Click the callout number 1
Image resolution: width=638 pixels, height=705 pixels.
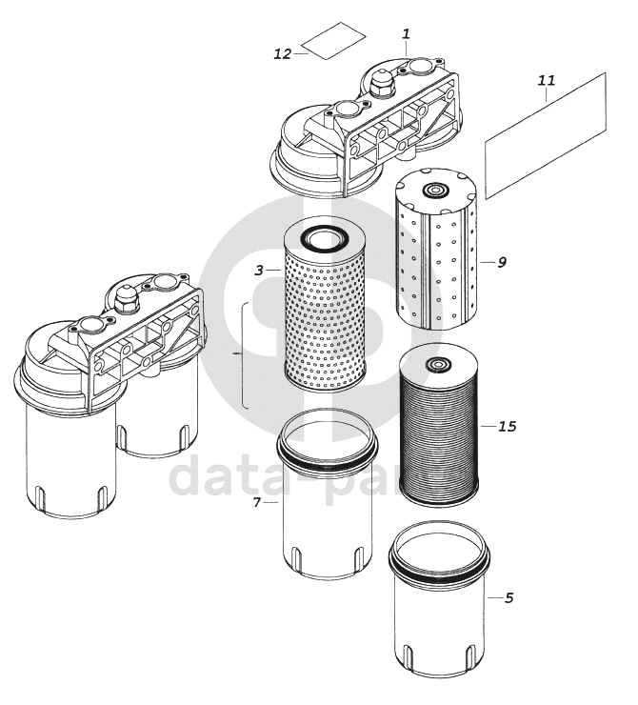point(406,33)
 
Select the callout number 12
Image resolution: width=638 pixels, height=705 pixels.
point(282,54)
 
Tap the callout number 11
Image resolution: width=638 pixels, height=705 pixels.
point(546,81)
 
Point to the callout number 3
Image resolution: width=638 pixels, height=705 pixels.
point(259,271)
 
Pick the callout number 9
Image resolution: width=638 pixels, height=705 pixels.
point(501,261)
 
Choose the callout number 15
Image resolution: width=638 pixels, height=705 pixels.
point(507,426)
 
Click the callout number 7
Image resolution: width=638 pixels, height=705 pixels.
point(257,501)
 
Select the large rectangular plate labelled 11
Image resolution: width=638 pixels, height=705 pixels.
point(546,137)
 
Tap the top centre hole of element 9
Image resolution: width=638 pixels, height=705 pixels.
point(438,191)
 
